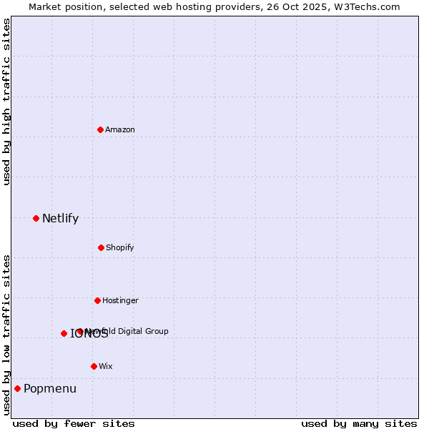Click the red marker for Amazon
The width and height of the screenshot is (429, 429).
[x=101, y=129]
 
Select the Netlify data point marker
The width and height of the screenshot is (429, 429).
[x=36, y=218]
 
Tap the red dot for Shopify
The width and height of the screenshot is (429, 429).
[x=101, y=247]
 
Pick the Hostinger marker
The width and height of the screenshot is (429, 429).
[x=97, y=300]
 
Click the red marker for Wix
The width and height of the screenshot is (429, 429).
[x=94, y=366]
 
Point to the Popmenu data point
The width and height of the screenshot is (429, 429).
[x=17, y=388]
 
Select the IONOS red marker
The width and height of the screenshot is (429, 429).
[x=64, y=333]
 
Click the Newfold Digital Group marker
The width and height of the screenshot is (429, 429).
[x=80, y=331]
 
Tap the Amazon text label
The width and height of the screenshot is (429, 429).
[x=120, y=129]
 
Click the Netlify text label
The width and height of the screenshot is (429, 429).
[x=60, y=219]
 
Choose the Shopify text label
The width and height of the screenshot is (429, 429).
[x=120, y=247]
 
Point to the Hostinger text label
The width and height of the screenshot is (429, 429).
[x=120, y=300]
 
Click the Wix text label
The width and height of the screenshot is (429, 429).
[x=106, y=366]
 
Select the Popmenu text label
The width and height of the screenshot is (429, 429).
[x=50, y=389]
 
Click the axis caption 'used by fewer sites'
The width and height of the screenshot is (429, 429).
[x=74, y=423]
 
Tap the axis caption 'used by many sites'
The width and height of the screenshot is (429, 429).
[x=359, y=423]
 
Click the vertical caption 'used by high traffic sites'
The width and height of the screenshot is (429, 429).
[x=7, y=102]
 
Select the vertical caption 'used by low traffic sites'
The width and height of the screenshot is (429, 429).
[x=7, y=335]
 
